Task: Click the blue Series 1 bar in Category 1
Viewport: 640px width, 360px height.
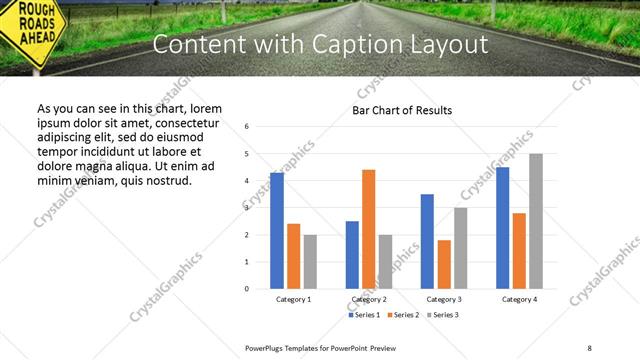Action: click(277, 231)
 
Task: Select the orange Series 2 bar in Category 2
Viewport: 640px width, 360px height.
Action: click(368, 229)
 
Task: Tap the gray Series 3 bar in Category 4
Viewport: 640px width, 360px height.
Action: click(536, 221)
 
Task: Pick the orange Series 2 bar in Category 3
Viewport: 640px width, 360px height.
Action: click(444, 264)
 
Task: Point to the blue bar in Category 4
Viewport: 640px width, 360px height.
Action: click(502, 228)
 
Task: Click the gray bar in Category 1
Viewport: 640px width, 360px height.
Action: click(310, 262)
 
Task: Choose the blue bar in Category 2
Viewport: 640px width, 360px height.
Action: click(352, 255)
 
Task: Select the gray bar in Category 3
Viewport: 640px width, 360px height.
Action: click(460, 248)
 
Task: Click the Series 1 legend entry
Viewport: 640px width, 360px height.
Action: click(365, 315)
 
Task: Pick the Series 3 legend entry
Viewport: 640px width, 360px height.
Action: click(442, 315)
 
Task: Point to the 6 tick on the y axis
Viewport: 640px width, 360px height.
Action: click(246, 127)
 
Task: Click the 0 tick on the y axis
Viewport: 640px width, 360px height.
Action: click(246, 289)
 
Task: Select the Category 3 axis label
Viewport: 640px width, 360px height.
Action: click(443, 299)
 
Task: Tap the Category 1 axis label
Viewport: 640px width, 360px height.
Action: click(293, 299)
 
